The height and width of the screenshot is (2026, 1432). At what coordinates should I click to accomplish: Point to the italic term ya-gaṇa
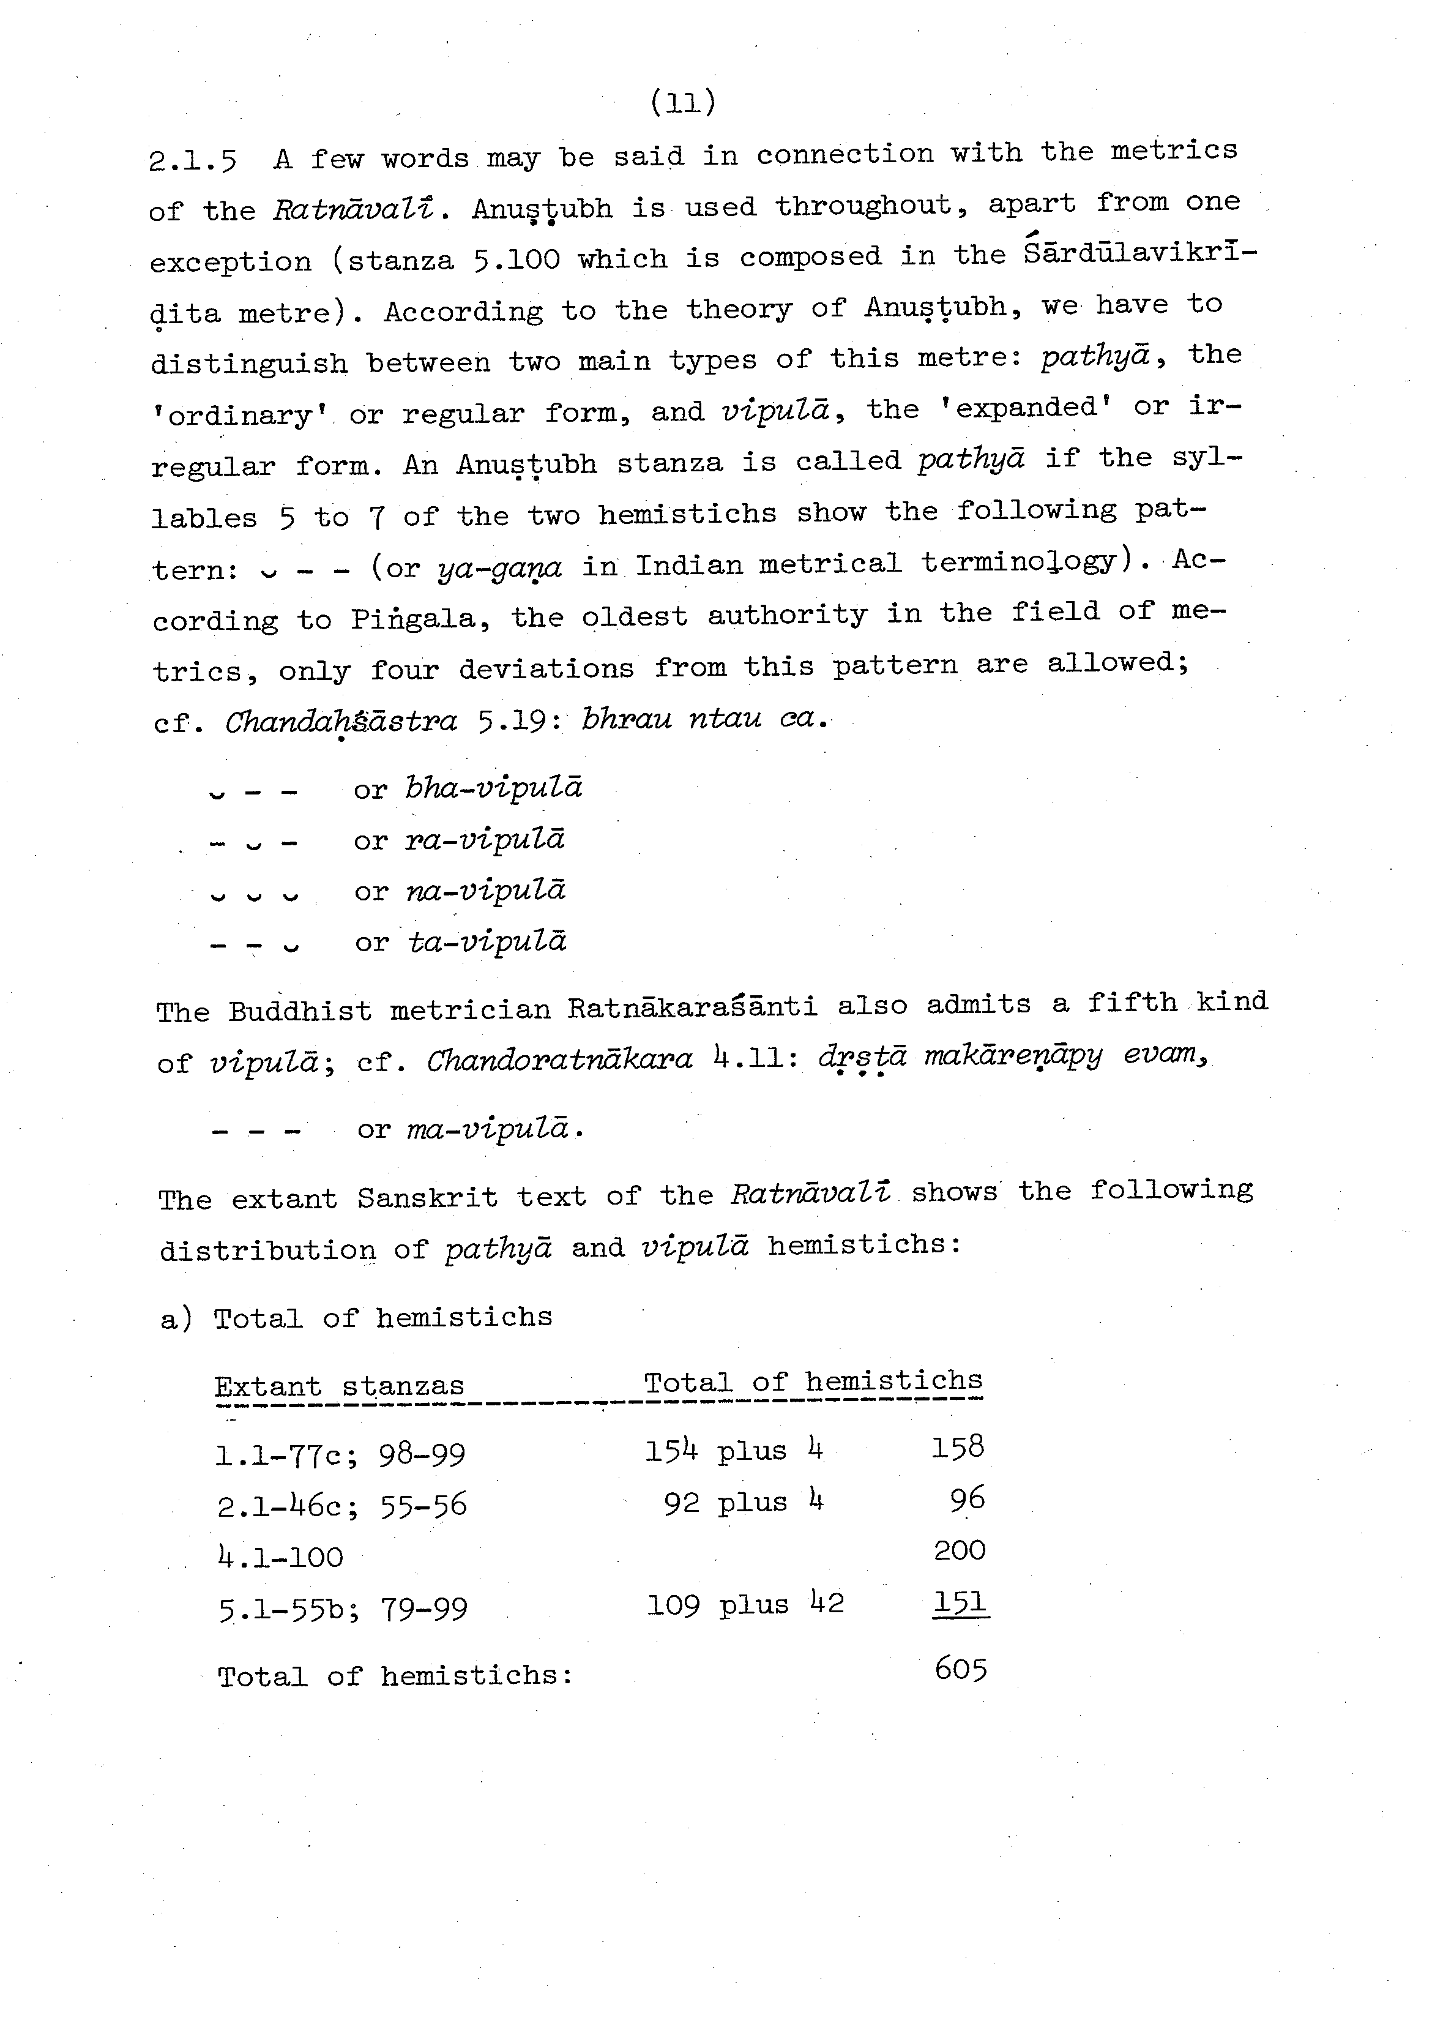pos(499,568)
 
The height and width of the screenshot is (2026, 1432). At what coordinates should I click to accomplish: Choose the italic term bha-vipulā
pos(493,787)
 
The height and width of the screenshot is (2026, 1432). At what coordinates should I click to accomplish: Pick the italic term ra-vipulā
pos(485,839)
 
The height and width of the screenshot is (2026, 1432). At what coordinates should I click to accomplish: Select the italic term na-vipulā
pos(485,891)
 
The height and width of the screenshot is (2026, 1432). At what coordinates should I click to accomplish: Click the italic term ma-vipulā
pos(488,1129)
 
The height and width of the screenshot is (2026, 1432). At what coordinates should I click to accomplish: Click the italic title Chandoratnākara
pos(561,1059)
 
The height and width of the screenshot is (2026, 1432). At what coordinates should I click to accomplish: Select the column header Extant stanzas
pos(340,1386)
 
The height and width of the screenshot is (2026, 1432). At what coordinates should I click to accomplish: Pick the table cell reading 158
pos(957,1446)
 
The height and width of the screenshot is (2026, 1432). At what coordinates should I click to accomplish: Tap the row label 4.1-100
pos(280,1557)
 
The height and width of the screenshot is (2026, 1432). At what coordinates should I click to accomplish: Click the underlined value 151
pos(960,1602)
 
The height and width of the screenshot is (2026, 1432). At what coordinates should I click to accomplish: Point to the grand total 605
pos(960,1669)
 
